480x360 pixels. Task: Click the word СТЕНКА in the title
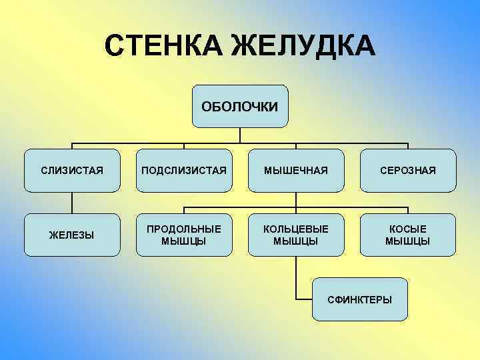[163, 46]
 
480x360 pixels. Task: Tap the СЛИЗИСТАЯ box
[72, 171]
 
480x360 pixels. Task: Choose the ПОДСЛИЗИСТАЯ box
[184, 171]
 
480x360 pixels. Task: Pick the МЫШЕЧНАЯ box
[296, 171]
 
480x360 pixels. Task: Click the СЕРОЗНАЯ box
[407, 171]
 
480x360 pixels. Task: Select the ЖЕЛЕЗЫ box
[72, 235]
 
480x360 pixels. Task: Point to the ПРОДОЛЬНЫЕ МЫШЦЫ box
[184, 235]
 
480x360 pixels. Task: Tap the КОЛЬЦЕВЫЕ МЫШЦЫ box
[296, 235]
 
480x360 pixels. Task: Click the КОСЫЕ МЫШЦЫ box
[407, 235]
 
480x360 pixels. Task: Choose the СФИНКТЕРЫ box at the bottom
[360, 299]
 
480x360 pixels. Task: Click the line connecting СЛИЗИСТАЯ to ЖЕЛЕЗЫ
[72, 203]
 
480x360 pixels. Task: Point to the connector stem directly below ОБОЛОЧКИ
[240, 135]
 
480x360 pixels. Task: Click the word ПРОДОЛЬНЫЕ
[184, 229]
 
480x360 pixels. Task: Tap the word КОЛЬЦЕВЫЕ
[296, 229]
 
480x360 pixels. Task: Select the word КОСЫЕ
[407, 229]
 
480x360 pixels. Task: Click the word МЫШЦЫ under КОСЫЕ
[407, 241]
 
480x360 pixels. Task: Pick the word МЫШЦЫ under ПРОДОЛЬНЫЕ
[184, 241]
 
